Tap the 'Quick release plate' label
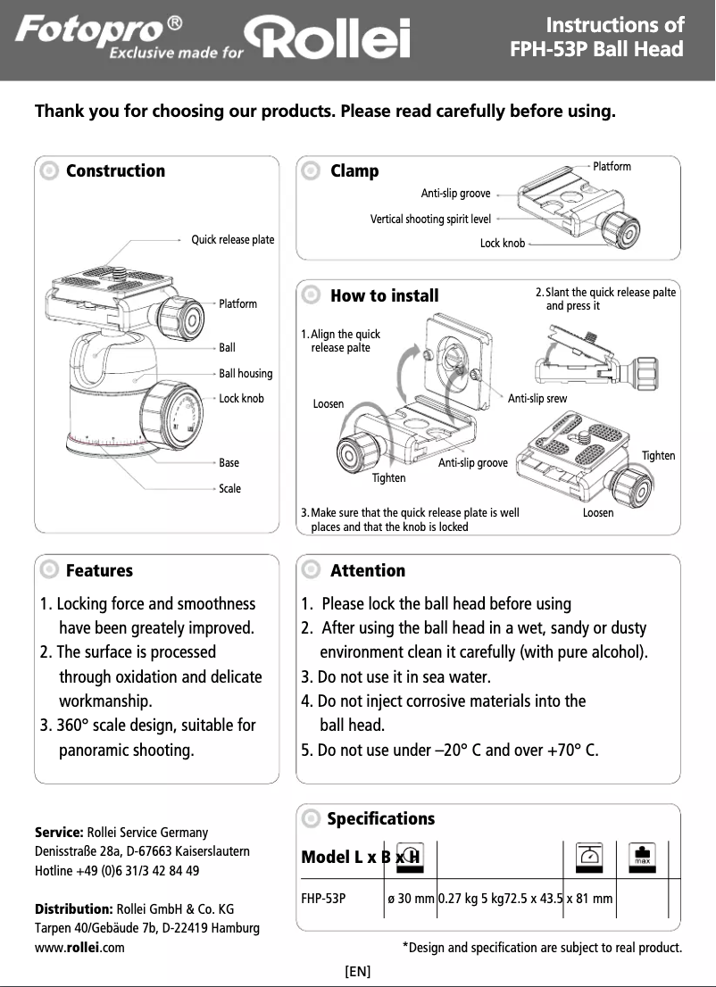(233, 240)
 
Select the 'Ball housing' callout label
(246, 373)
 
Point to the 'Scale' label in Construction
(230, 489)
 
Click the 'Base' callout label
(229, 463)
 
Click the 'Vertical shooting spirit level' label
(430, 218)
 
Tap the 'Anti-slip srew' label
(537, 399)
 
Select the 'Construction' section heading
(115, 170)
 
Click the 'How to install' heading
(384, 295)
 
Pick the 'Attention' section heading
(367, 570)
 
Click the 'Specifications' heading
(380, 818)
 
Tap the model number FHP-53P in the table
(323, 898)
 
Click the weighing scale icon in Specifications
(588, 856)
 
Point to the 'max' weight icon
(642, 856)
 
